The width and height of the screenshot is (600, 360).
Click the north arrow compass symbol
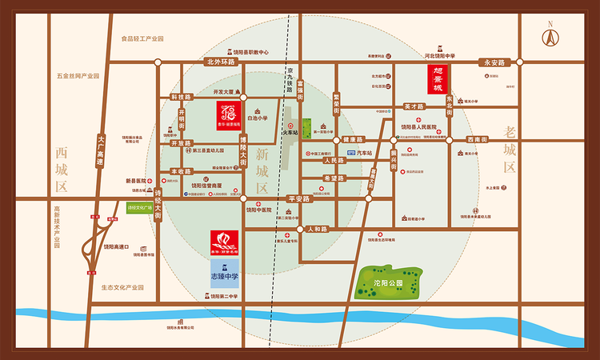[x=550, y=38]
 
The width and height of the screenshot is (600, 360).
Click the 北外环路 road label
[x=221, y=62]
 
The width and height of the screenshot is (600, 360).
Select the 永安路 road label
[x=494, y=62]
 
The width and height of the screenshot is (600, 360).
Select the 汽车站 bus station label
[x=364, y=152]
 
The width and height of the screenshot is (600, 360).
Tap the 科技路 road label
[x=182, y=96]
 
